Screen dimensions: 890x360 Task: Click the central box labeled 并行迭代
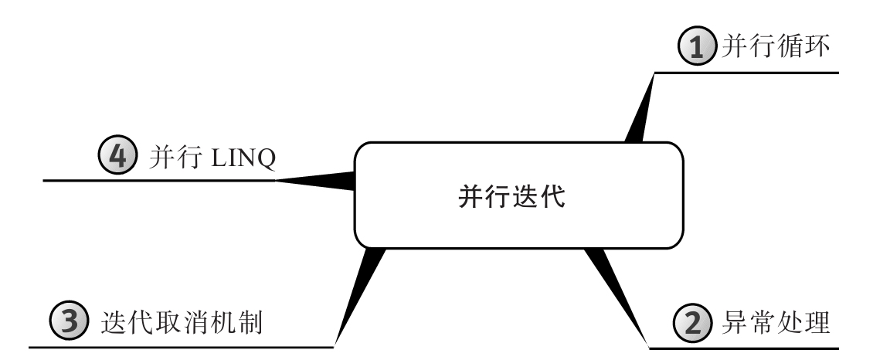(519, 195)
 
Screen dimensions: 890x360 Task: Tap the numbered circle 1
(696, 46)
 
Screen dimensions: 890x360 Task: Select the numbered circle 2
(692, 322)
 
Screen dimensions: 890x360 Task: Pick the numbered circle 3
(70, 321)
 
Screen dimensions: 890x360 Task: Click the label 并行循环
(776, 46)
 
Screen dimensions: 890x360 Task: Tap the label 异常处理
(776, 322)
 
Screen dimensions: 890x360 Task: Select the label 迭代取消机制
(182, 322)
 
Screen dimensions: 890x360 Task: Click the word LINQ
(243, 158)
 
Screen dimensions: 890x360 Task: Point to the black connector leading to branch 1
(640, 107)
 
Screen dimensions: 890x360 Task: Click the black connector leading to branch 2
(617, 297)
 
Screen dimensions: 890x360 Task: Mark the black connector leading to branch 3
(360, 297)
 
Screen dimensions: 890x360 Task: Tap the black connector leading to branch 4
(315, 181)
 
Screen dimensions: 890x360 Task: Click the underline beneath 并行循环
(746, 73)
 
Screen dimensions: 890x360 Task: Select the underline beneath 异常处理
(743, 348)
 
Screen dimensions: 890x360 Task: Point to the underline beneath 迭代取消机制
(182, 346)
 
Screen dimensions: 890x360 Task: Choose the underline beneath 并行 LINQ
(159, 181)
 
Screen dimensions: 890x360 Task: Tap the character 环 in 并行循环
(817, 46)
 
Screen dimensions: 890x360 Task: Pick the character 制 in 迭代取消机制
(250, 322)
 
